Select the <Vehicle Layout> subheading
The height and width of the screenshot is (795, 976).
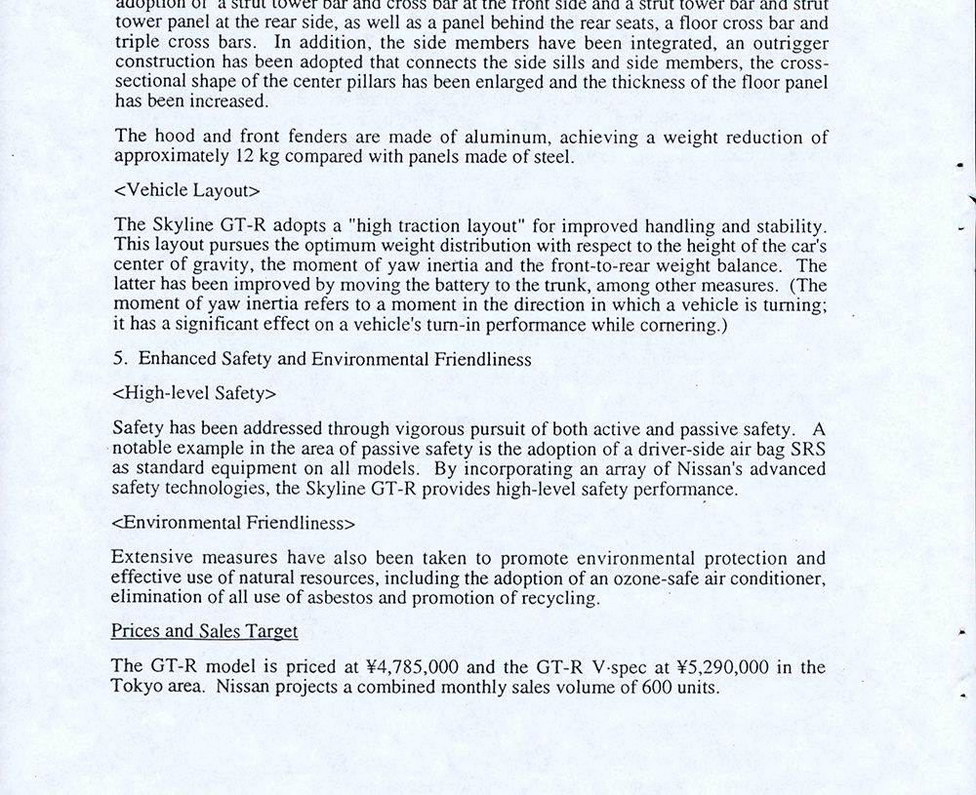(x=186, y=190)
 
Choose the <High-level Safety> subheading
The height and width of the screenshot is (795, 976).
(x=194, y=393)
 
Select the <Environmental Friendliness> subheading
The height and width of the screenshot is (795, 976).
(x=233, y=523)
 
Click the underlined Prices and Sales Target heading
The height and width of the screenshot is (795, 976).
(x=204, y=631)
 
